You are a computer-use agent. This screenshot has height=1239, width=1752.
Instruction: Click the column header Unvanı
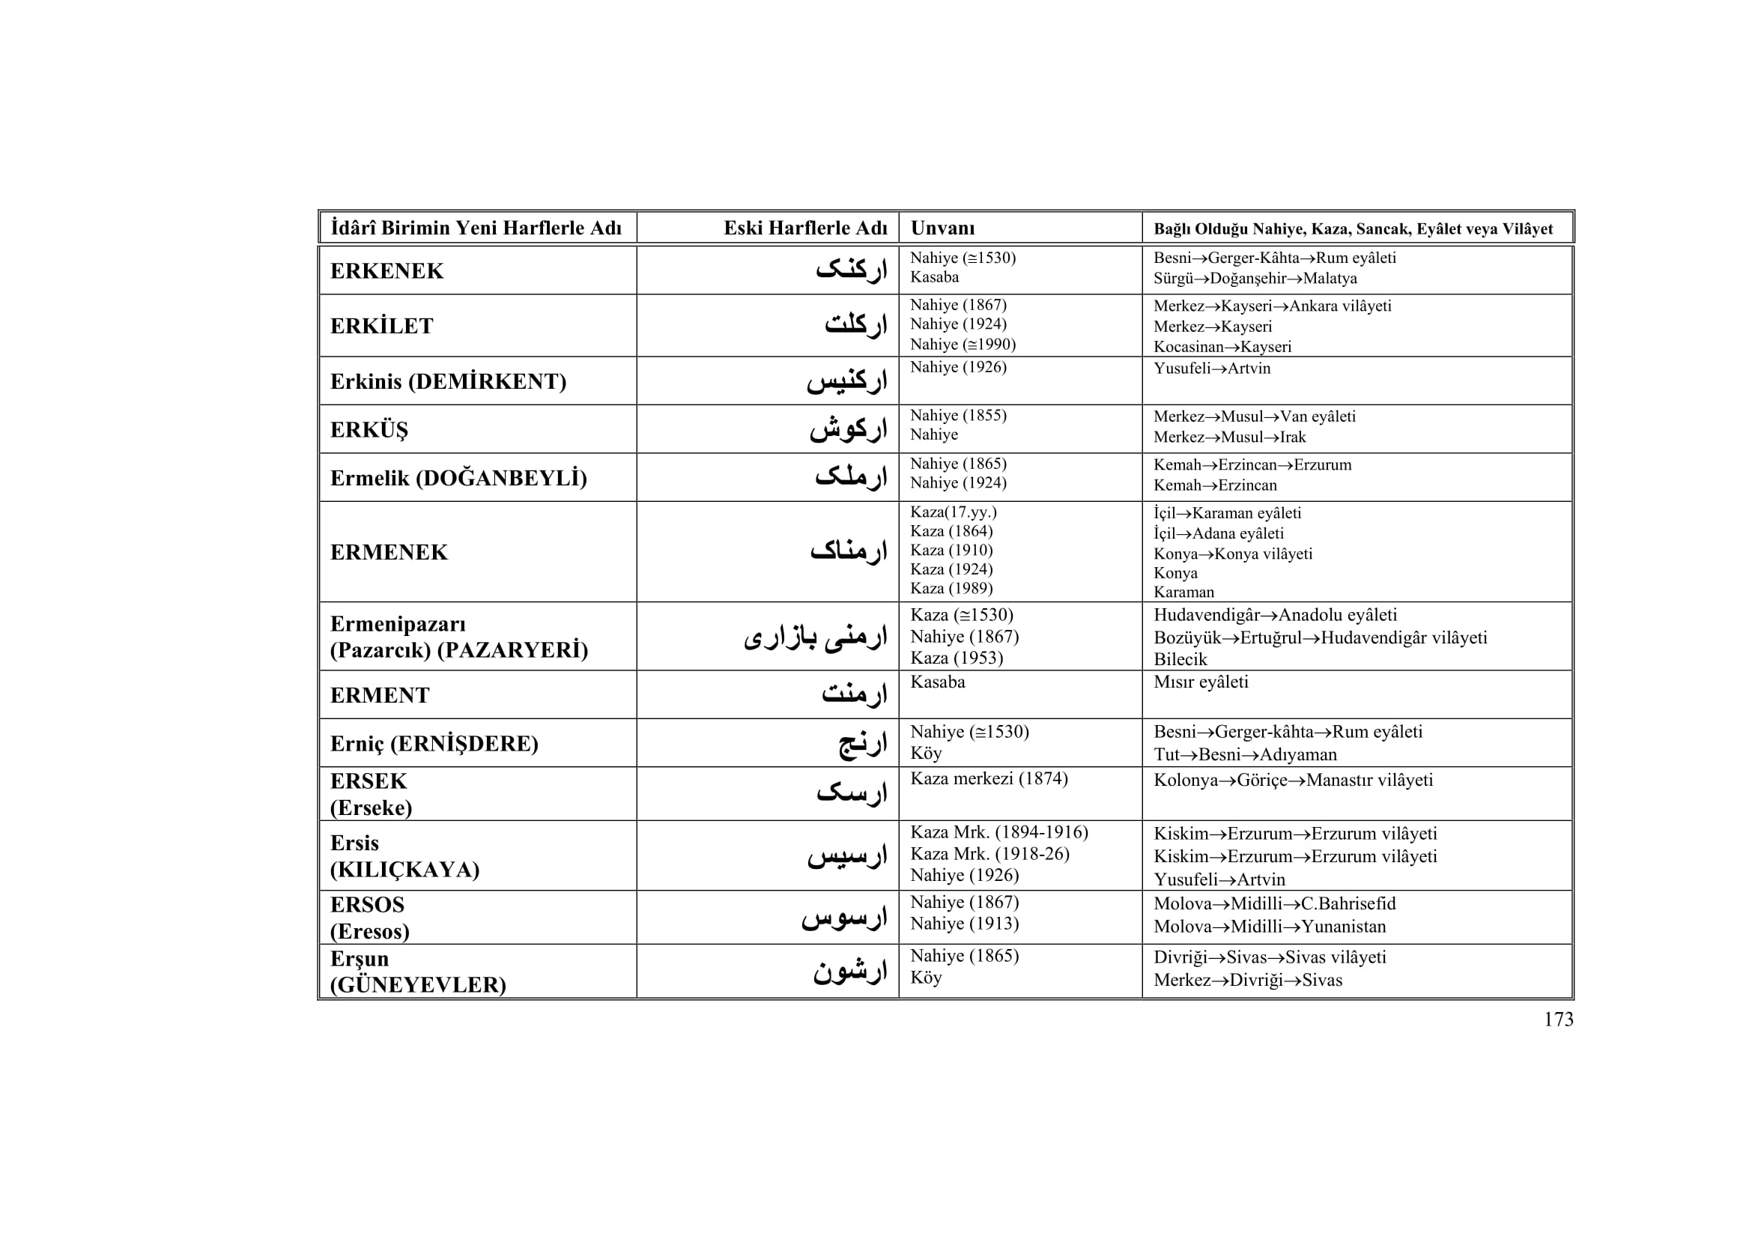942,228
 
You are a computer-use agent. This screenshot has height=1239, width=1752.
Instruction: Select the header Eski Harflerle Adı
805,228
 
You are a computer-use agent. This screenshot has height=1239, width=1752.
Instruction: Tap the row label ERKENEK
386,271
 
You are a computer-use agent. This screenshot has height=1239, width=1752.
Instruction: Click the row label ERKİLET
381,326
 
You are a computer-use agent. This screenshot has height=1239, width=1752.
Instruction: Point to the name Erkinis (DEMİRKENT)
448,381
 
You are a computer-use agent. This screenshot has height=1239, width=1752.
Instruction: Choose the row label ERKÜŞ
369,429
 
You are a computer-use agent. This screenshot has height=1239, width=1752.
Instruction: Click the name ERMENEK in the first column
389,552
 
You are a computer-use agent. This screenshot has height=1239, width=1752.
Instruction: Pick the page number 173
1558,1020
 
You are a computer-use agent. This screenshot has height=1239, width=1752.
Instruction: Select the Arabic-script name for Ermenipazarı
815,637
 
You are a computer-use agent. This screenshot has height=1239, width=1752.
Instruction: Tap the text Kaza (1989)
951,588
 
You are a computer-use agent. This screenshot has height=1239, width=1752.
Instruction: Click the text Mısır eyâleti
1200,682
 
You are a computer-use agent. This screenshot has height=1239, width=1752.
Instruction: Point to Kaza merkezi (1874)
988,779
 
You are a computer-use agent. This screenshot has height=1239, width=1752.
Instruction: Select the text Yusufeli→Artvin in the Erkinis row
1212,369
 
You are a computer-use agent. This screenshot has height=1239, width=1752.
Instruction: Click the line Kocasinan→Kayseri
1222,347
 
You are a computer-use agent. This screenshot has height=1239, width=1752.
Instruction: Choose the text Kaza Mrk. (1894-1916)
999,832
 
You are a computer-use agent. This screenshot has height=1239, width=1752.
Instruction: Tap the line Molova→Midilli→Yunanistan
1270,927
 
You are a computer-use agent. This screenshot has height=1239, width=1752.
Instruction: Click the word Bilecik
1180,659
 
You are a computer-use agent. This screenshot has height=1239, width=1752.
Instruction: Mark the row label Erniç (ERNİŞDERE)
434,744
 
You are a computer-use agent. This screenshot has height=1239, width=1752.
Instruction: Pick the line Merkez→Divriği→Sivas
1248,981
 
